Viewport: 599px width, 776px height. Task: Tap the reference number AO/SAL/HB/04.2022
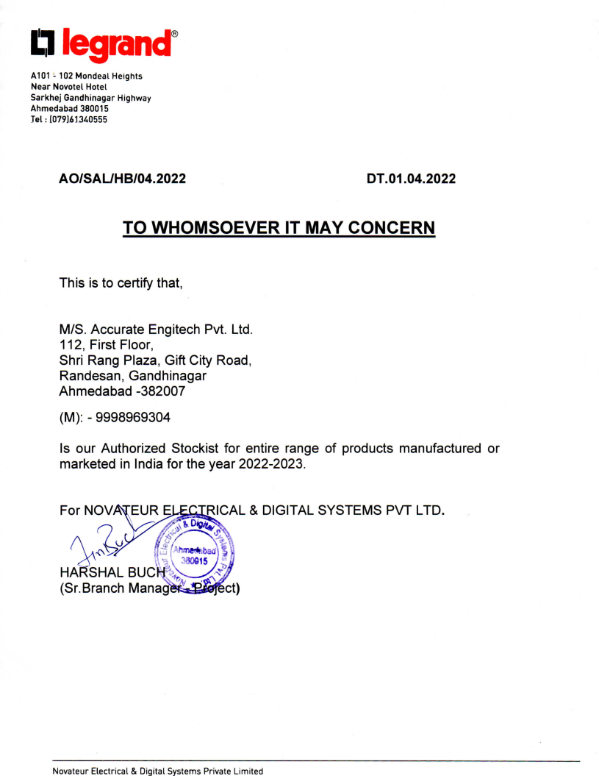click(121, 178)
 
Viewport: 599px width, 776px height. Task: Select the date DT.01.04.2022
click(411, 178)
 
